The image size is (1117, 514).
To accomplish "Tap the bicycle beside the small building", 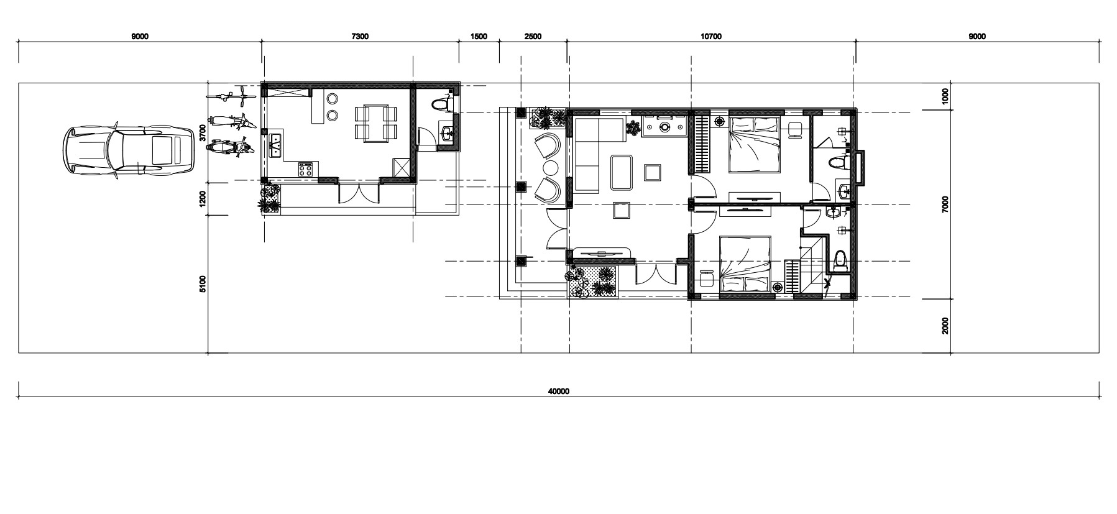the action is (x=230, y=96).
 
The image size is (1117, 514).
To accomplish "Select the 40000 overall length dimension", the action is (x=559, y=392).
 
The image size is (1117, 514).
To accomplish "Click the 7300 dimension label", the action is (x=360, y=36).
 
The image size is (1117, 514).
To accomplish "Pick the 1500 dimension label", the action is (x=479, y=36).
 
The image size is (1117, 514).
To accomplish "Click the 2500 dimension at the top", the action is (x=533, y=36).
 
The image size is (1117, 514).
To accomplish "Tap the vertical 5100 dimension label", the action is (x=203, y=283).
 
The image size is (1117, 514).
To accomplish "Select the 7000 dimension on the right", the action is (x=945, y=204).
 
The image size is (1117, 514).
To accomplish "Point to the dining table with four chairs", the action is (x=375, y=122).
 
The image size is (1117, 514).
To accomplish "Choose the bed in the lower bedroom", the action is (x=746, y=264).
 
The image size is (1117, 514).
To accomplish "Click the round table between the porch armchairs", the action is (x=551, y=168).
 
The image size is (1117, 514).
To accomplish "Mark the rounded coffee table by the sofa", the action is (x=622, y=172).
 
